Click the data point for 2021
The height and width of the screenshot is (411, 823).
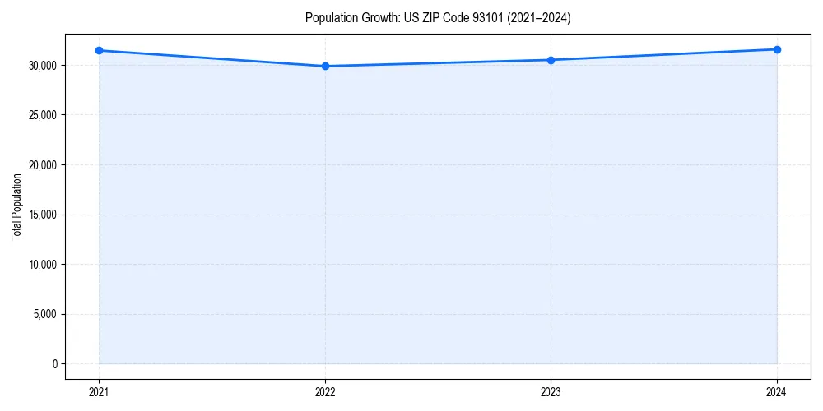99,50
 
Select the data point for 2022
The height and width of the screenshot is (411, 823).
325,66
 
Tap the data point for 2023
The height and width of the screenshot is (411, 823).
551,60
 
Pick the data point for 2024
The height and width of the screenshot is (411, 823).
777,49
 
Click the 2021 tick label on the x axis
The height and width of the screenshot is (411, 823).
99,391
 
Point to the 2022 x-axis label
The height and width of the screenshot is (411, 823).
325,391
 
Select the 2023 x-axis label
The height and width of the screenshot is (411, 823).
551,391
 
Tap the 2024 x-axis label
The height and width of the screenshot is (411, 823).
777,391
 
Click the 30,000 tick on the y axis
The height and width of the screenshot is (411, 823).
41,65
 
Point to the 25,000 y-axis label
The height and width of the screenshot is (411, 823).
41,115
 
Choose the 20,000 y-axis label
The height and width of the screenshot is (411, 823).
41,164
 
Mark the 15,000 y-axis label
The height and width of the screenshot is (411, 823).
41,215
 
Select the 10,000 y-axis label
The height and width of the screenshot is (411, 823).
41,265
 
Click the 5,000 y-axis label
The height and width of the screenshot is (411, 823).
44,314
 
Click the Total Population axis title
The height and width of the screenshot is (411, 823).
16,206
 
